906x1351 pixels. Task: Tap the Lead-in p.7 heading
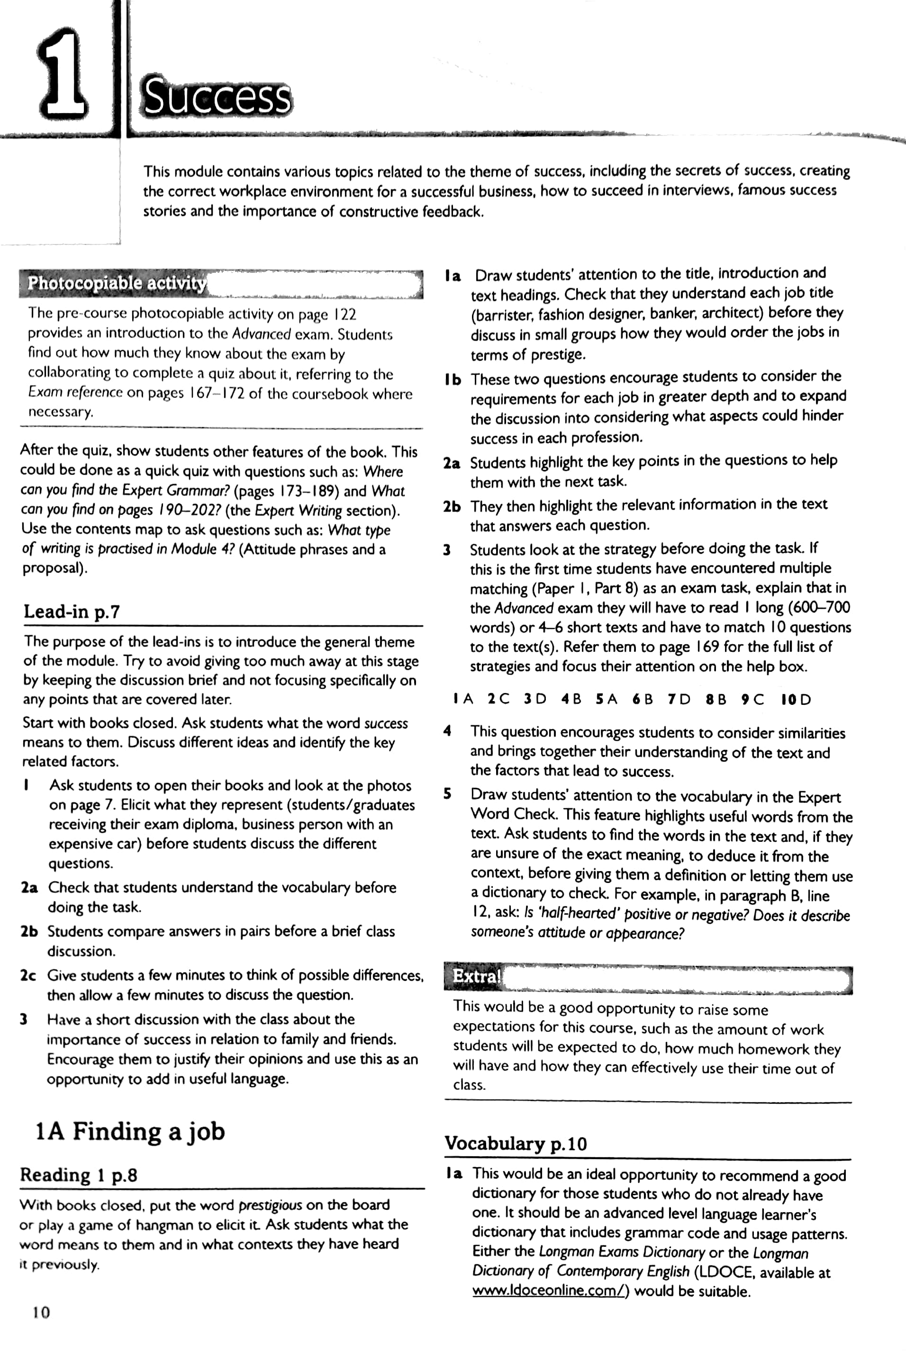coord(72,612)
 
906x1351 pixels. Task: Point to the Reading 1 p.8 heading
coord(79,1175)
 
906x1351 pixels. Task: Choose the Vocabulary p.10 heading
coord(516,1143)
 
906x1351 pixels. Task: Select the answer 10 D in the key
coord(796,700)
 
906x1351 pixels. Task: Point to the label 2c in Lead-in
coord(28,975)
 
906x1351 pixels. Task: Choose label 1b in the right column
coord(453,379)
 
